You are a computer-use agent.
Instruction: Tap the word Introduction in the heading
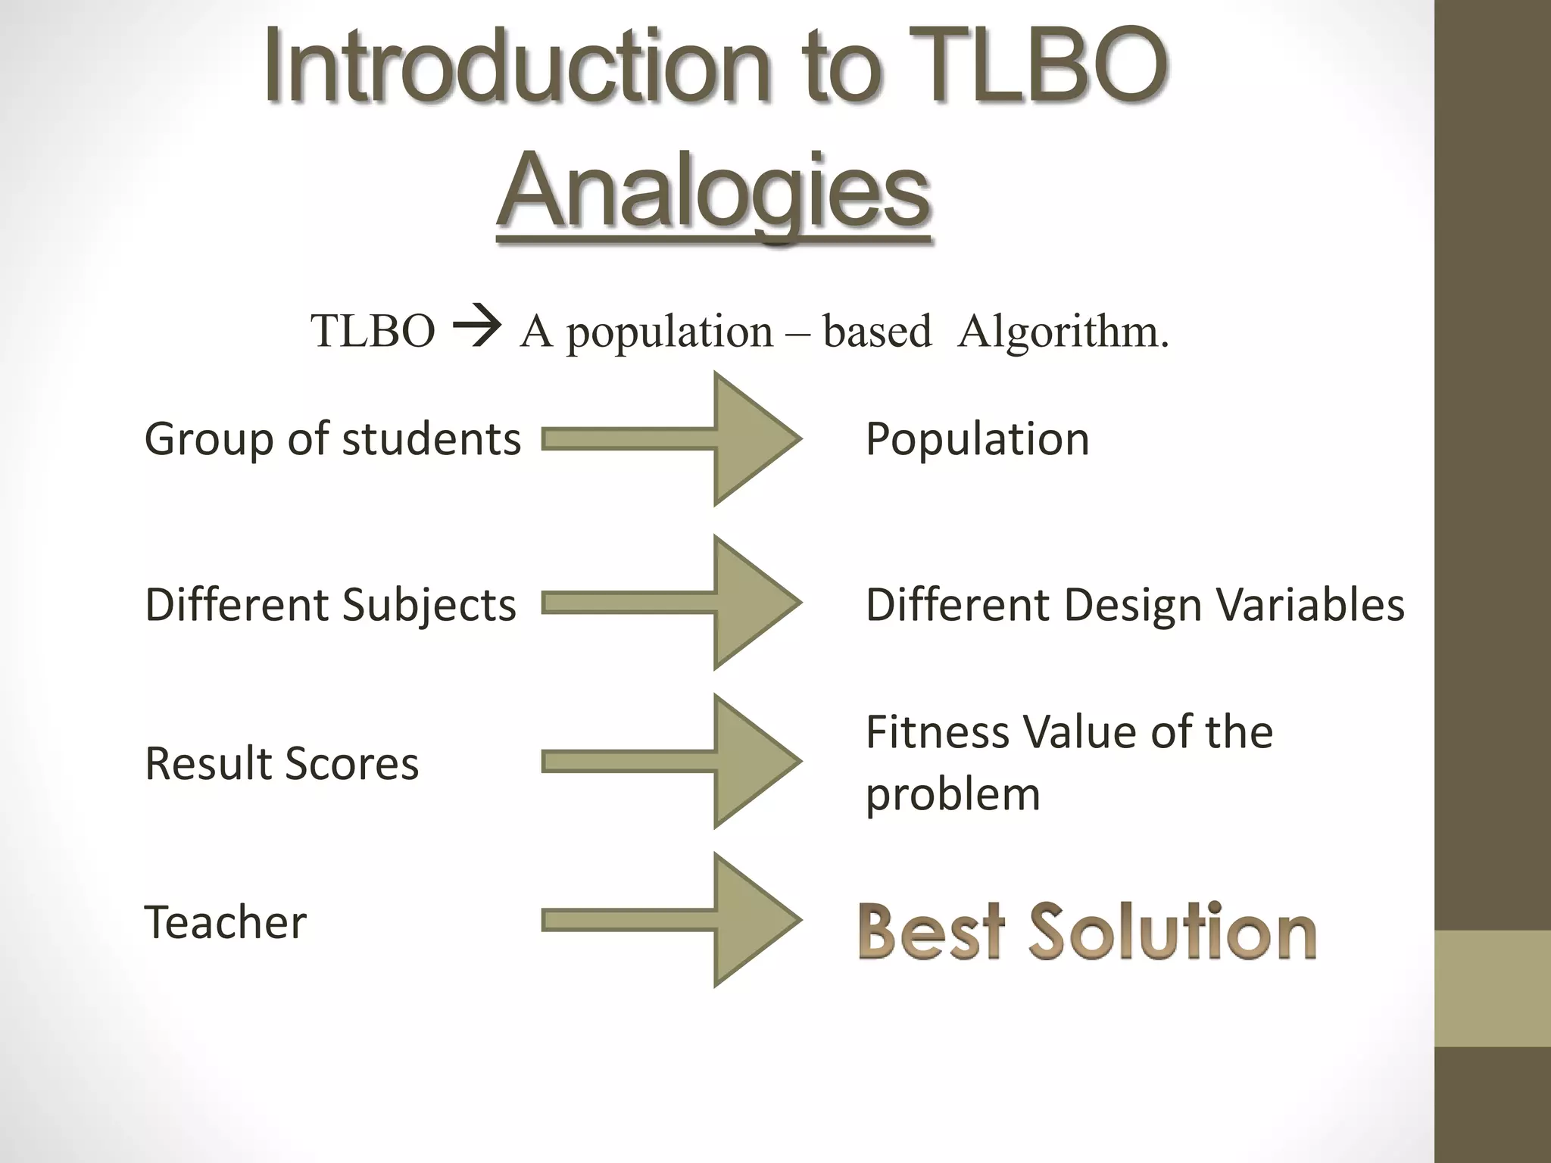pos(515,67)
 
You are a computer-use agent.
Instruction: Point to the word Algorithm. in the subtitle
pos(1063,332)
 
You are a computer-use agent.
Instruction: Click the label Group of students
pos(332,439)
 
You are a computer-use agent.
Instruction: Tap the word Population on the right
pos(977,439)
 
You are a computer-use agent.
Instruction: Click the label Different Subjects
pos(330,605)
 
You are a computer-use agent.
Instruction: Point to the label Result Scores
pos(281,763)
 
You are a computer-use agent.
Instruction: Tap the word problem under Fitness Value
pos(953,795)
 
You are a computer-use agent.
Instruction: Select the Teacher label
pos(225,922)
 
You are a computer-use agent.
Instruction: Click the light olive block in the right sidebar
pos(1492,988)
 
